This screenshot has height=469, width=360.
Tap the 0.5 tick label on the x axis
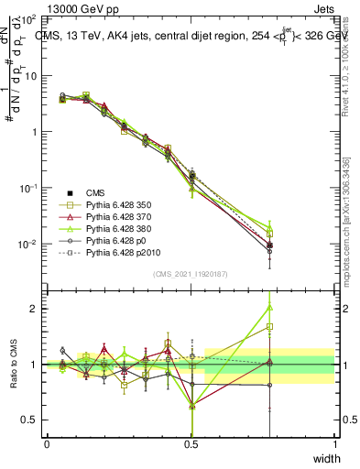pos(191,443)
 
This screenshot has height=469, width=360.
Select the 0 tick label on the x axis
pos(47,443)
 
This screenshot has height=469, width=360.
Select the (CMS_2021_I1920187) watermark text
pos(190,274)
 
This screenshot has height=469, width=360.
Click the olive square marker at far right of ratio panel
pos(268,326)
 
